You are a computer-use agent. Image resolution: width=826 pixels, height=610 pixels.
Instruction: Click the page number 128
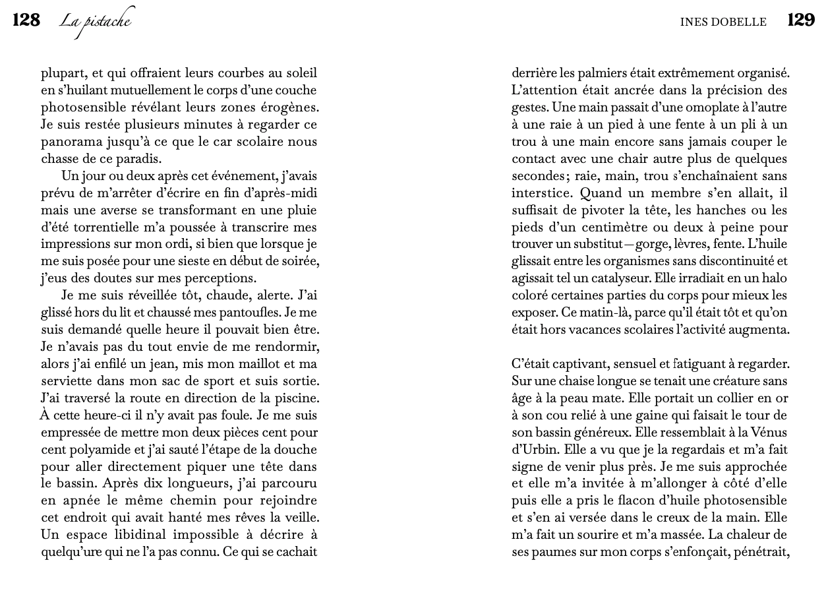[x=26, y=20]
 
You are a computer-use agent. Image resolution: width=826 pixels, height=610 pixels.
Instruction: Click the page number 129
[x=801, y=20]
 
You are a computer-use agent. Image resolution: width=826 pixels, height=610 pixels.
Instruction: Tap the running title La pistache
[x=96, y=22]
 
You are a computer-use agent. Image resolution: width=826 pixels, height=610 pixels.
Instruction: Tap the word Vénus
[x=768, y=433]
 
